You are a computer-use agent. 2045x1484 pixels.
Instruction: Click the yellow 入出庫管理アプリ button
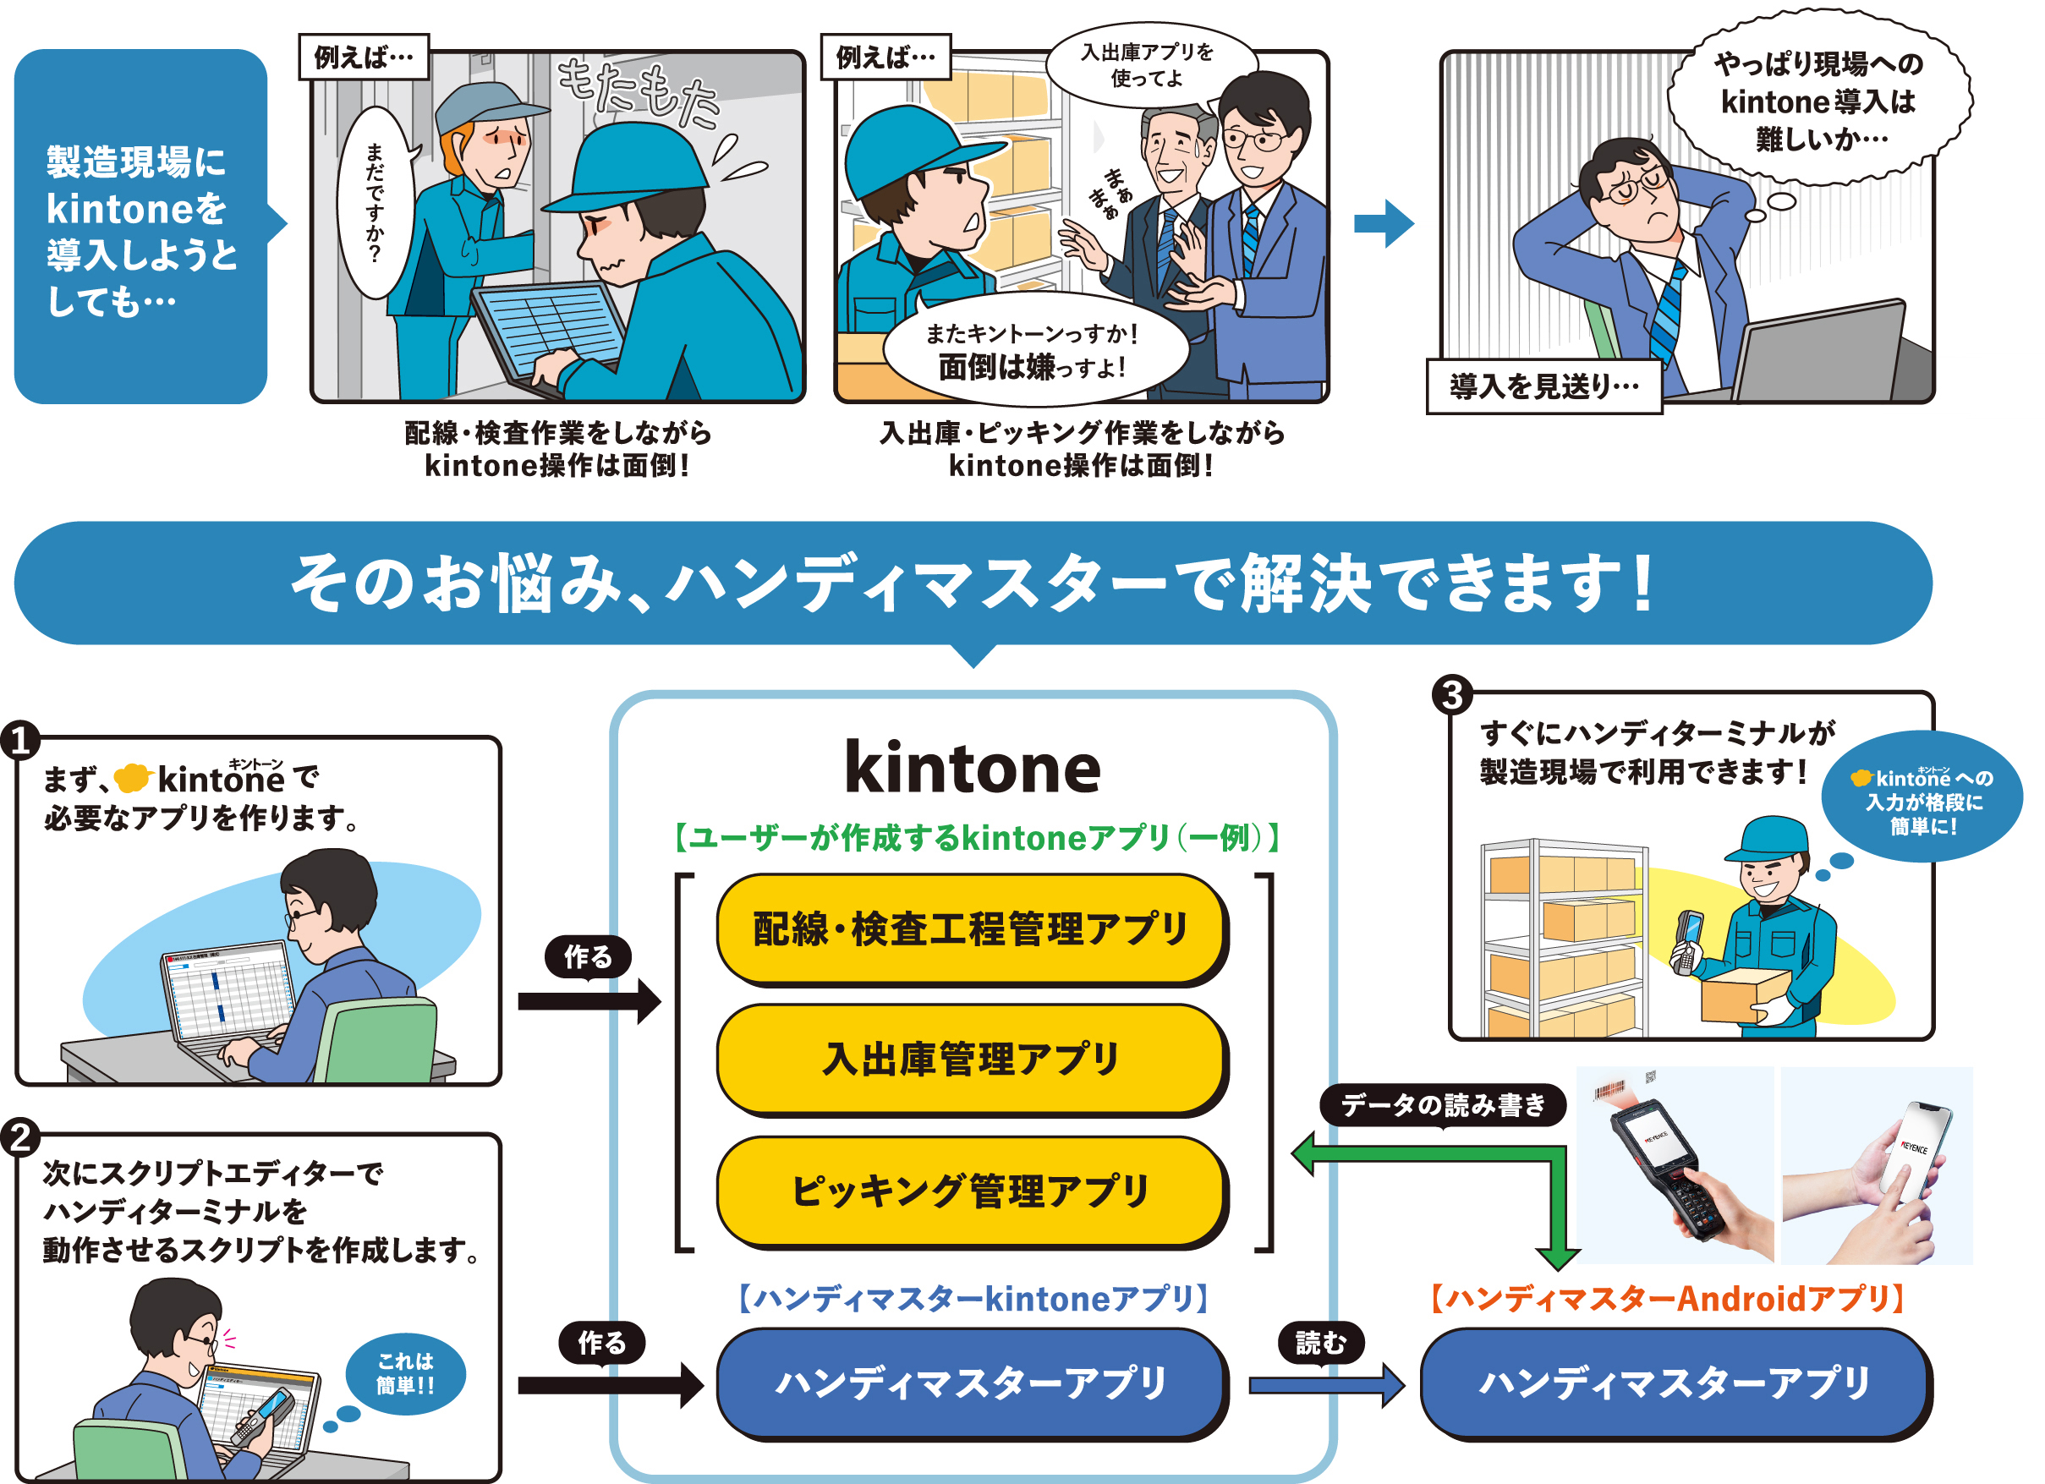coord(971,1059)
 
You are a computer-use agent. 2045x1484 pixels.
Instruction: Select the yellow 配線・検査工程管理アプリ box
coord(971,928)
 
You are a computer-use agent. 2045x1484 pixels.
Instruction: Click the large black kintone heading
coord(972,768)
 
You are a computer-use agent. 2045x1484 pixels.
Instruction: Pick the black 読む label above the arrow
coord(1320,1344)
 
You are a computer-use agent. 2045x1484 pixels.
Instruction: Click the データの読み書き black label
coord(1442,1104)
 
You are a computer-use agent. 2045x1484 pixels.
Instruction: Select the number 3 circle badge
coord(1451,695)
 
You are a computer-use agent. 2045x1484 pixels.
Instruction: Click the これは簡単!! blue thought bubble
coord(405,1373)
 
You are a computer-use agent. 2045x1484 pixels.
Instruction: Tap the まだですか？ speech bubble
coord(374,203)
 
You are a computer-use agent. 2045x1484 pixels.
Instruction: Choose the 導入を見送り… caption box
coord(1543,386)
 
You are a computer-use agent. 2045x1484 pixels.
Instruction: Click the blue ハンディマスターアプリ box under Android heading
coord(1675,1383)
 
